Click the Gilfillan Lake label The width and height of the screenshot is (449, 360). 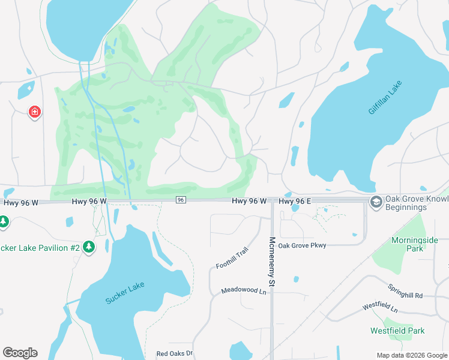coord(385,97)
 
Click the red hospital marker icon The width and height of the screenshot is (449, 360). coord(35,112)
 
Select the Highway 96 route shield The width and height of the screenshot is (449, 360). coord(181,200)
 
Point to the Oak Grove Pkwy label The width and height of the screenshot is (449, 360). coord(303,245)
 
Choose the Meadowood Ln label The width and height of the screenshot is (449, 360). coord(243,290)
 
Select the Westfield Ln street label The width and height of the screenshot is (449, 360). coord(380,307)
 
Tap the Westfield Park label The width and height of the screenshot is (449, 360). coord(397,331)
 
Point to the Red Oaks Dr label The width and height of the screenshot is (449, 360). coord(174,353)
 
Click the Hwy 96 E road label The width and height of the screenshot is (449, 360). coord(295,201)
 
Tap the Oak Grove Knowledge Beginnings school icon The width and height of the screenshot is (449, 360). coord(376,201)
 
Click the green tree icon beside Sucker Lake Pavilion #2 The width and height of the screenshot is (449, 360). coord(89,247)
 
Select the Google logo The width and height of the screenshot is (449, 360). coord(20,353)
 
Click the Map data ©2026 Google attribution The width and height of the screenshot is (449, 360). coord(411,355)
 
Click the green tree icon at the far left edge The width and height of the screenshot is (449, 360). coord(3,222)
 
